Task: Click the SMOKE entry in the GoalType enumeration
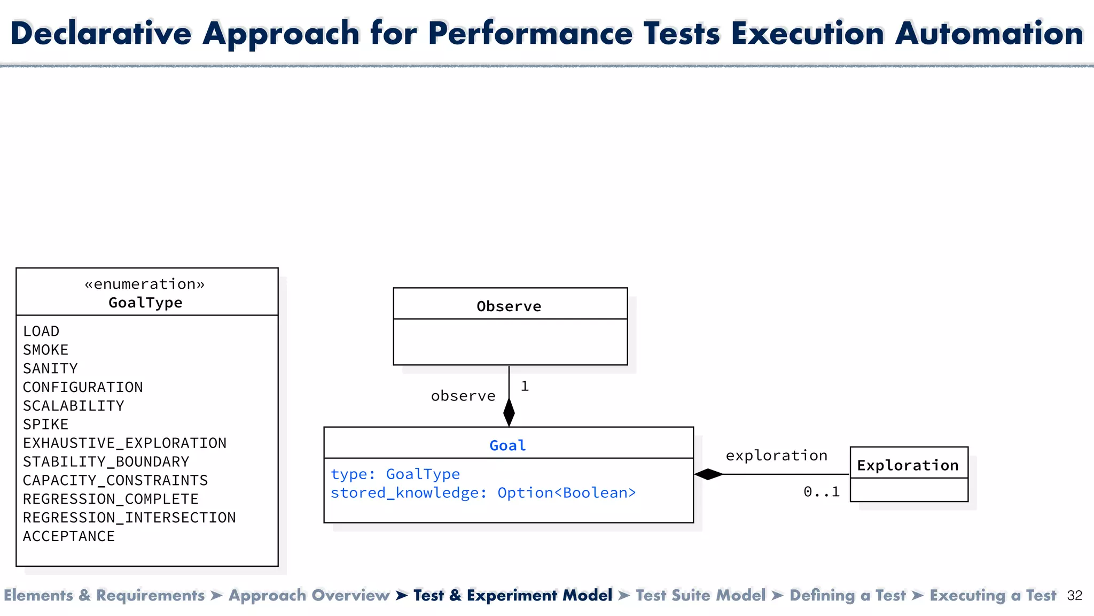(x=45, y=350)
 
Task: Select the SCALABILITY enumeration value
(x=73, y=406)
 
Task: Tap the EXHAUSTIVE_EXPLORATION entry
(x=124, y=443)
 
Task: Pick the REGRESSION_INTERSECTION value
(x=129, y=518)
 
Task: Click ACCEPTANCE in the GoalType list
(x=68, y=536)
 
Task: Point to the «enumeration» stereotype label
(x=145, y=284)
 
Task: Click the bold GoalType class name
(x=145, y=303)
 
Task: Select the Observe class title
(x=509, y=306)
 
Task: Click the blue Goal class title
(x=508, y=445)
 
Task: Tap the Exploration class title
(x=908, y=465)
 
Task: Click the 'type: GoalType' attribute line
(x=395, y=474)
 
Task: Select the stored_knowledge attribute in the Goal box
(x=483, y=493)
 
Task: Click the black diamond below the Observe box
(x=509, y=412)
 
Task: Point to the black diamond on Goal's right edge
(x=709, y=474)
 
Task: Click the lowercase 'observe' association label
(x=463, y=396)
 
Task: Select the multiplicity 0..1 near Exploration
(x=822, y=492)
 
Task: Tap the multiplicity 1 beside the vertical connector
(x=525, y=386)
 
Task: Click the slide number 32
(x=1074, y=596)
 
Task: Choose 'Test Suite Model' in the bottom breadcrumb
(x=700, y=596)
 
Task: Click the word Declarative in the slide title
(x=100, y=33)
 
